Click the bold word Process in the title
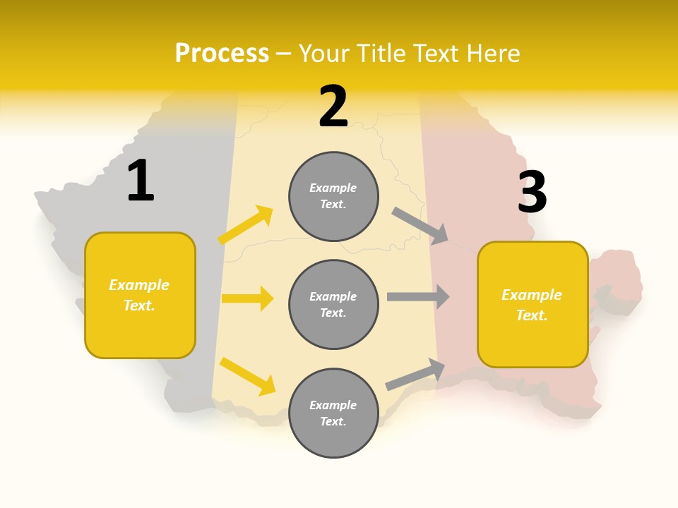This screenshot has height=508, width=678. tap(222, 53)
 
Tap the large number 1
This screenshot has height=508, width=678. tap(141, 181)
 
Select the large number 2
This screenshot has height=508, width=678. tap(333, 107)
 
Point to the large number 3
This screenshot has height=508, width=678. tap(532, 192)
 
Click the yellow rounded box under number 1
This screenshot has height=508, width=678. tap(140, 295)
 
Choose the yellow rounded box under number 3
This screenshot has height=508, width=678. tap(533, 304)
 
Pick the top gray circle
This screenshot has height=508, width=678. tap(333, 196)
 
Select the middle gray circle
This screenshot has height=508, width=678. tap(333, 304)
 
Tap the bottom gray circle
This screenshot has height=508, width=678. tap(333, 413)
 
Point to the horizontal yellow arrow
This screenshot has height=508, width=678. tap(247, 298)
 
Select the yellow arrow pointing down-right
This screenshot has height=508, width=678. tap(247, 376)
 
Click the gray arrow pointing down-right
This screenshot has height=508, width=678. tap(420, 226)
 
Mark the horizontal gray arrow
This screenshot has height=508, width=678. tap(418, 296)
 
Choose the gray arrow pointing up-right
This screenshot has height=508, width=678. tap(415, 374)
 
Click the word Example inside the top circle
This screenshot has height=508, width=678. tap(333, 188)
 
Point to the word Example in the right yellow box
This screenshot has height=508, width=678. tap(532, 295)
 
